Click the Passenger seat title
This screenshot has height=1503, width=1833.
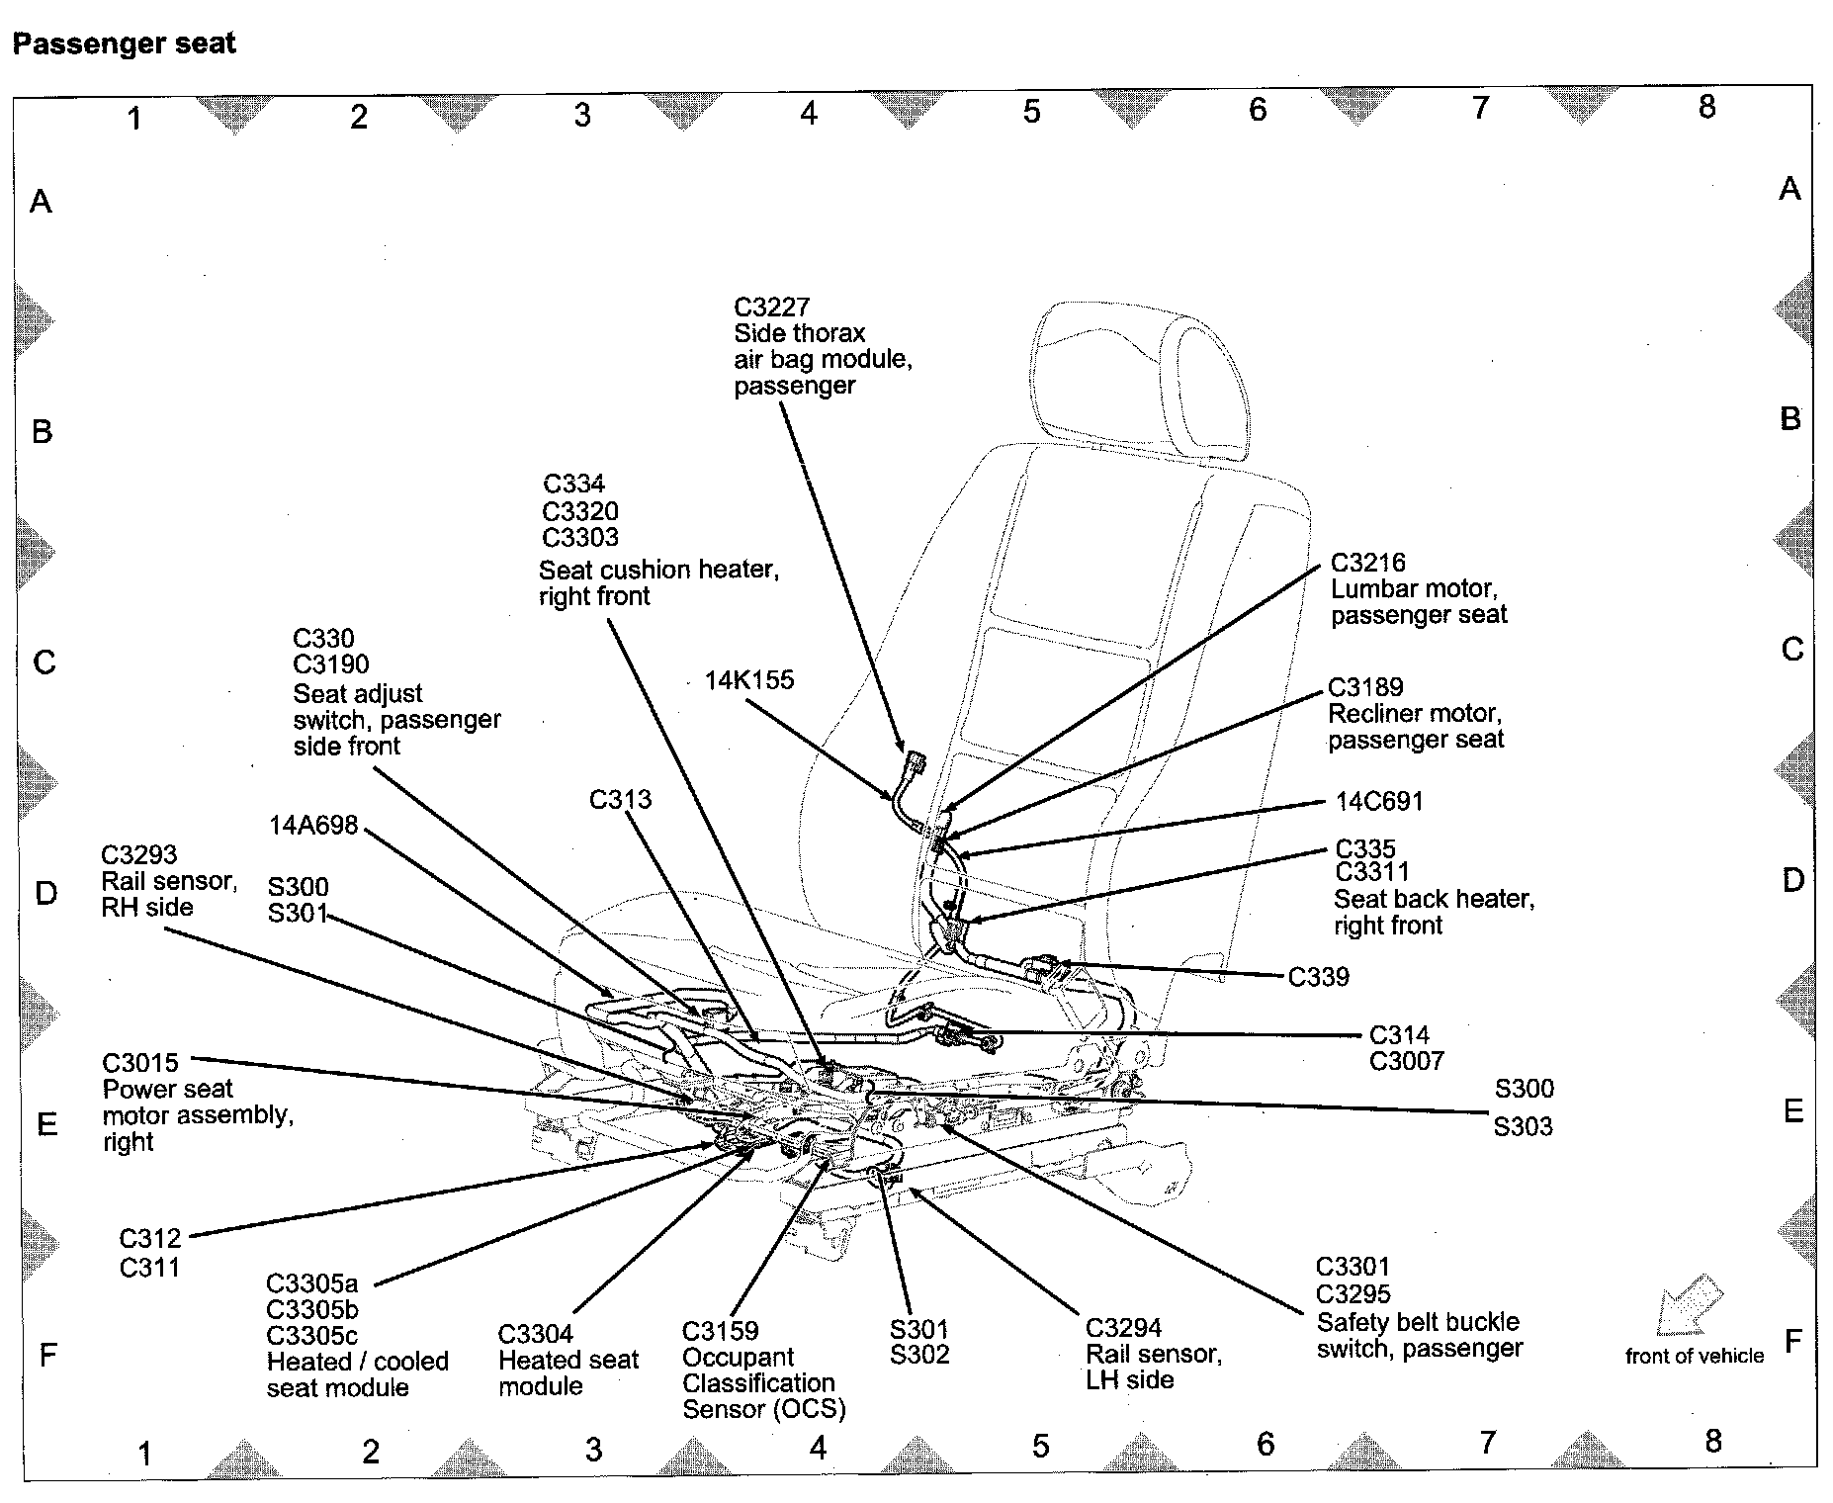124,44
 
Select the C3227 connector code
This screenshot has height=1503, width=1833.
771,308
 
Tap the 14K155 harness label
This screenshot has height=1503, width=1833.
748,680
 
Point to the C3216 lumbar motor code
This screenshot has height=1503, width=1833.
1367,563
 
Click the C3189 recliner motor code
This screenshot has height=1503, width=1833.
1365,687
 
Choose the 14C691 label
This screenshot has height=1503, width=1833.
1378,801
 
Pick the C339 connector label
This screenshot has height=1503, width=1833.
1318,977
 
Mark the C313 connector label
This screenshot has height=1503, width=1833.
620,799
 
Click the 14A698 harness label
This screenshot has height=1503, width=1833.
312,825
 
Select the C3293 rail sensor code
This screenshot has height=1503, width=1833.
139,854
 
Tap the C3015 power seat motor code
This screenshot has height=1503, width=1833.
140,1063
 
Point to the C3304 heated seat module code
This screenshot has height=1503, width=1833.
535,1334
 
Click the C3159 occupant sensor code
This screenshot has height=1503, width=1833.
720,1331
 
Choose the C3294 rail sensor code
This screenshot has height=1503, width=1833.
1123,1328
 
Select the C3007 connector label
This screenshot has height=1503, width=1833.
1406,1062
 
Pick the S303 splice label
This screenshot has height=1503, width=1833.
1523,1126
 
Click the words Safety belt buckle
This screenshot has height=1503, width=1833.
1418,1322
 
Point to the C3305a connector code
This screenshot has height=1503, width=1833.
311,1283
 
